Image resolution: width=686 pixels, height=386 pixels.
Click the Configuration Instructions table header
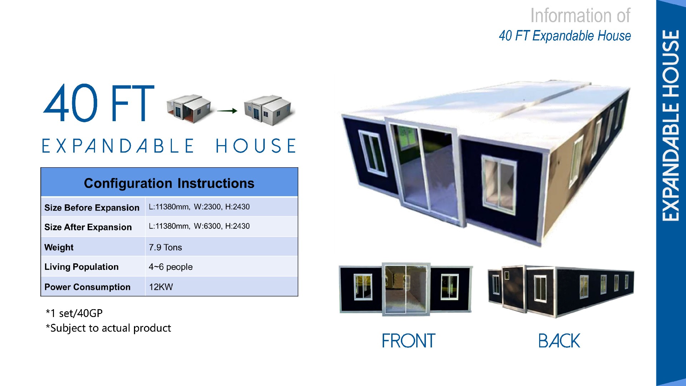169,183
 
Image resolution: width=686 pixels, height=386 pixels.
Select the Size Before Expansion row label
92,208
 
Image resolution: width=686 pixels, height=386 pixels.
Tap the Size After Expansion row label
88,227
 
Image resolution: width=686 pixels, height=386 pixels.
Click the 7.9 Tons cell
165,247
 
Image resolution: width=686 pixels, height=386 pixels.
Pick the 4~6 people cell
170,267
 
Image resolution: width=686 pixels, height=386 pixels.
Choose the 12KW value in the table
161,287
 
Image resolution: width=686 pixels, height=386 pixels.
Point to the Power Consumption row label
87,287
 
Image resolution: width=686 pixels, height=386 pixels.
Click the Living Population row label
81,267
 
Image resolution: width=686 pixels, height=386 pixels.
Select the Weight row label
59,247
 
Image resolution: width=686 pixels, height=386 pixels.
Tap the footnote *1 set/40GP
74,313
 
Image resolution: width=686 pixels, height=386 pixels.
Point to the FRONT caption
409,341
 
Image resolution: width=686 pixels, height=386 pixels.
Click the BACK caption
559,341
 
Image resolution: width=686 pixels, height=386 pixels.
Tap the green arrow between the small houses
227,111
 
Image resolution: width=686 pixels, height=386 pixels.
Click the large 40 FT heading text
99,103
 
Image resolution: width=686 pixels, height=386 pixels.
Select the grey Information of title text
580,16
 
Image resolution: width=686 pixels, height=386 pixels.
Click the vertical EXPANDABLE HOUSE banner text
671,125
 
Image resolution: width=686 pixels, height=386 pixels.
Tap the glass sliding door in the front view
406,289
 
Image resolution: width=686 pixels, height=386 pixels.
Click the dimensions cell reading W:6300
199,226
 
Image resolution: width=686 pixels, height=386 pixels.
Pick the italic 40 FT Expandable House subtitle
565,36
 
